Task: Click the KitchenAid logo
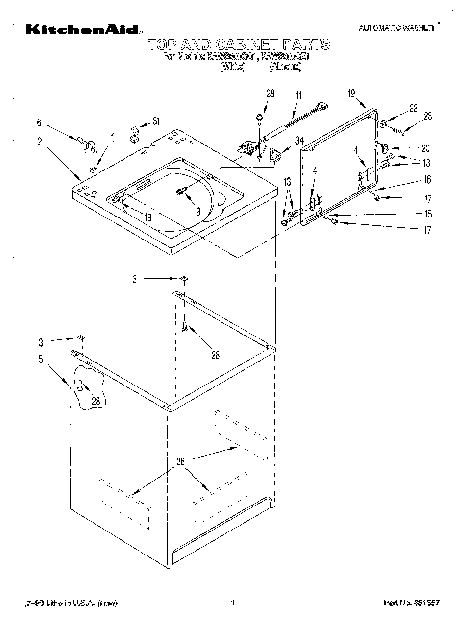(83, 30)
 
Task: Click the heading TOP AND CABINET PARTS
(239, 45)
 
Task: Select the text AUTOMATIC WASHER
(396, 28)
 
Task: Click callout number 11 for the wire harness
(299, 96)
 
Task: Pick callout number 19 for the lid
(351, 93)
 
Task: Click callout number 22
(413, 108)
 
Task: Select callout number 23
(428, 116)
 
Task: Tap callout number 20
(425, 148)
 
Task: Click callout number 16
(427, 180)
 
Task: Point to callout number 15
(428, 214)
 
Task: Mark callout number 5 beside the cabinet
(40, 359)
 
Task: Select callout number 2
(40, 142)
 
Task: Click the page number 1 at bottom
(233, 603)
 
